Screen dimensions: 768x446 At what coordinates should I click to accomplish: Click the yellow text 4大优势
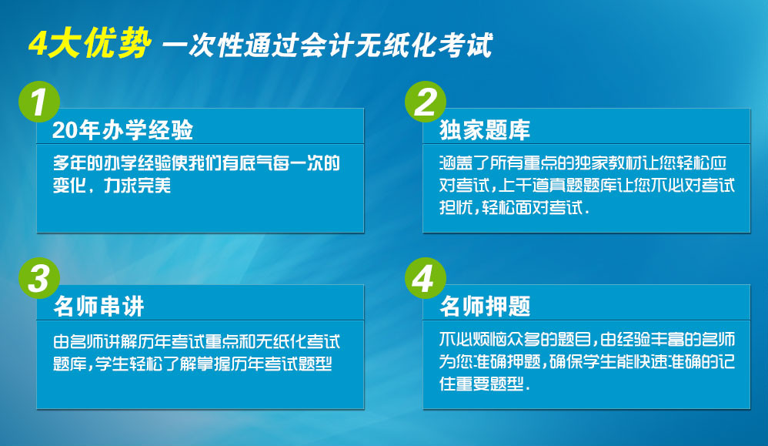coord(89,44)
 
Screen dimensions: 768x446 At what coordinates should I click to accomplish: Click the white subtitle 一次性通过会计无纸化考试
coord(327,45)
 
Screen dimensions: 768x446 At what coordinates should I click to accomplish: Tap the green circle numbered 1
coord(39,102)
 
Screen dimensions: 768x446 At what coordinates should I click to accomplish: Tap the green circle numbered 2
coord(425,102)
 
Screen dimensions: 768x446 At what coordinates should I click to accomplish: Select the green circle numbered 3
coord(39,278)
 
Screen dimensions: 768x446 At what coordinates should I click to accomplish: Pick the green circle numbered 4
coord(425,278)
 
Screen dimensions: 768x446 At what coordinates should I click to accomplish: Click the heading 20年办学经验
coord(122,130)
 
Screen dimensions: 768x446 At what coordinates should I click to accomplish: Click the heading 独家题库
coord(484,130)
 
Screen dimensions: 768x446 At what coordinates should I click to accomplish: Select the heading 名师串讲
coord(99,307)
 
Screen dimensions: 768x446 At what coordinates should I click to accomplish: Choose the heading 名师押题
coord(485,307)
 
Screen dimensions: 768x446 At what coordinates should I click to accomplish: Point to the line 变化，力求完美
coord(112,186)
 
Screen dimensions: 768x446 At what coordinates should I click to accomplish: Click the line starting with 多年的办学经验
coord(196,163)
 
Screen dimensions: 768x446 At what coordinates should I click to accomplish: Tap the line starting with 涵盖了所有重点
coord(583,163)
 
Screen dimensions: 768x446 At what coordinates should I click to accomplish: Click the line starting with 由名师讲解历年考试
coord(196,341)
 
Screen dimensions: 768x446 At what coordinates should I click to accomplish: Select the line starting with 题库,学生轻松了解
coord(192,364)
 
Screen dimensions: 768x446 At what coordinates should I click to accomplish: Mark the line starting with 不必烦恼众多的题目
coord(587,339)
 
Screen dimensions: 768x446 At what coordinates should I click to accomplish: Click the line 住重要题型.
coord(484,384)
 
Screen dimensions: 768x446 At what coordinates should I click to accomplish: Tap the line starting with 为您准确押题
coord(587,361)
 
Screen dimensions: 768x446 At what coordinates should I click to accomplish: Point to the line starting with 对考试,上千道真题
coord(587,186)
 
